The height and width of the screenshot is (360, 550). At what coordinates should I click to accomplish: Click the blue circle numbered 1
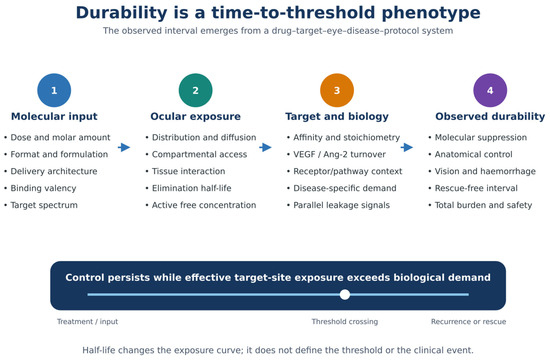(54, 90)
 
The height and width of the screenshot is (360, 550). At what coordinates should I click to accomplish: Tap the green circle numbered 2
(195, 90)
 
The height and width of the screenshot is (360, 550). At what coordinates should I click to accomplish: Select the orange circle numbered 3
(337, 90)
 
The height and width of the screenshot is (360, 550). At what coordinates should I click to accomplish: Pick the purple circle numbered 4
(490, 90)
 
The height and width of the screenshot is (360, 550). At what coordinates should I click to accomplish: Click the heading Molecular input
(54, 116)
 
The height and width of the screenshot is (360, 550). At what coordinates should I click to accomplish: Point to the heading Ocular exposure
(195, 116)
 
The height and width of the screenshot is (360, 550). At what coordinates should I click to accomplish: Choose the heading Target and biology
(337, 116)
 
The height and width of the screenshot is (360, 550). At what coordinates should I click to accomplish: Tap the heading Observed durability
(490, 116)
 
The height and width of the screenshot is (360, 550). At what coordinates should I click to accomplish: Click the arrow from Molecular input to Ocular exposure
(124, 147)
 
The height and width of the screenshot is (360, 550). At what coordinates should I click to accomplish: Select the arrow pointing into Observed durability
(407, 147)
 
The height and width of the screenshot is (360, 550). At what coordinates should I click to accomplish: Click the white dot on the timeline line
(345, 294)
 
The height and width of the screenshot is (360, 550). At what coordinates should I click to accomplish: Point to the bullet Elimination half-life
(192, 188)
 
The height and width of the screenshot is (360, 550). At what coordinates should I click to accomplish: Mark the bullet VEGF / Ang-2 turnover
(339, 154)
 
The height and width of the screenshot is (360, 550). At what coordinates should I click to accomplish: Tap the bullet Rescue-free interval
(476, 188)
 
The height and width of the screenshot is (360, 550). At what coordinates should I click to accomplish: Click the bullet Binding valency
(43, 188)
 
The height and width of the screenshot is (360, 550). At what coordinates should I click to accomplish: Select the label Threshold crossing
(345, 321)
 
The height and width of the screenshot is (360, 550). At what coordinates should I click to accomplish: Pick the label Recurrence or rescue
(468, 321)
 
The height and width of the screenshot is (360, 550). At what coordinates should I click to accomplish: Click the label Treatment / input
(87, 321)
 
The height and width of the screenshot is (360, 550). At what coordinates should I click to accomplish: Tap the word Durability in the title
(122, 13)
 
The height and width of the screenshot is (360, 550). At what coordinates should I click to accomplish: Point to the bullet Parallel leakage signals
(341, 205)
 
